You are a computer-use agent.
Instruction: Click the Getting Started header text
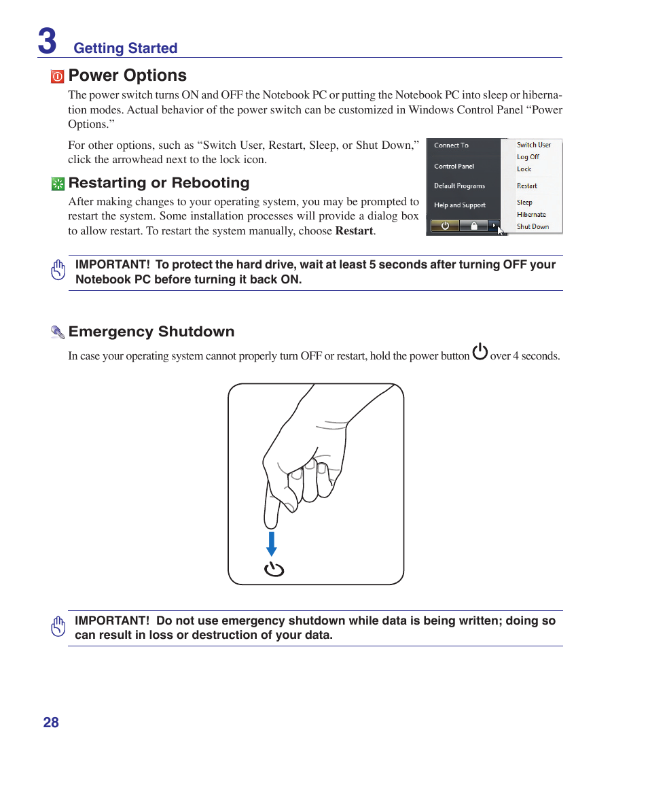pyautogui.click(x=125, y=48)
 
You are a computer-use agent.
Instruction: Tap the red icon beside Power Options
pyautogui.click(x=58, y=77)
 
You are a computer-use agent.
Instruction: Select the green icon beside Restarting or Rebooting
pyautogui.click(x=58, y=184)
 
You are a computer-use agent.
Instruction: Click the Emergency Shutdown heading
pyautogui.click(x=151, y=332)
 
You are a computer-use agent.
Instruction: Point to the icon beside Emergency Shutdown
pyautogui.click(x=58, y=332)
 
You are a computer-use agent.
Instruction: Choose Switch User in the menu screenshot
pyautogui.click(x=533, y=145)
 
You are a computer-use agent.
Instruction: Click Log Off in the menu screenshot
pyautogui.click(x=528, y=157)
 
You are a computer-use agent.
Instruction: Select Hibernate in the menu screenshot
pyautogui.click(x=530, y=215)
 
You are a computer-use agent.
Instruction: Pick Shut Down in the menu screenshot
pyautogui.click(x=533, y=227)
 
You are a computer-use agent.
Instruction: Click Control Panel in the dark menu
pyautogui.click(x=454, y=167)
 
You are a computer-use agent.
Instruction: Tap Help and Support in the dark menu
pyautogui.click(x=460, y=205)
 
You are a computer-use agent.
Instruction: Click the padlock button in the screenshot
pyautogui.click(x=474, y=226)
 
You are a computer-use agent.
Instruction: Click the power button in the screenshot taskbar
pyautogui.click(x=445, y=226)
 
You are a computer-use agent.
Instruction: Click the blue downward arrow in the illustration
pyautogui.click(x=272, y=544)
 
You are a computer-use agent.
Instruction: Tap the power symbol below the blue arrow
pyautogui.click(x=274, y=570)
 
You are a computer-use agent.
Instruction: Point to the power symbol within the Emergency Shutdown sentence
pyautogui.click(x=480, y=352)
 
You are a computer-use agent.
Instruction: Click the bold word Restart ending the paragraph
pyautogui.click(x=354, y=231)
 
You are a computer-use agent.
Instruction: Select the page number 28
pyautogui.click(x=51, y=722)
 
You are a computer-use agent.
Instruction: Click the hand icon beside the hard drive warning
pyautogui.click(x=58, y=270)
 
